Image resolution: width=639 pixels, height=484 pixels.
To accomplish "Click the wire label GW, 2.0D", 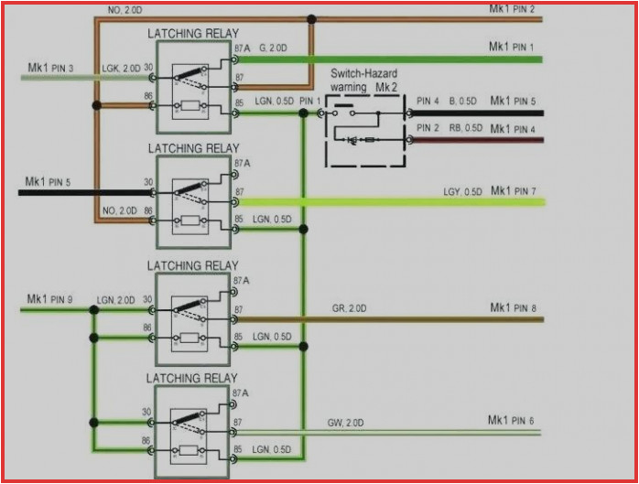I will tap(346, 424).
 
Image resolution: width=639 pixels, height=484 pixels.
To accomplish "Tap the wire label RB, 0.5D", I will tap(465, 128).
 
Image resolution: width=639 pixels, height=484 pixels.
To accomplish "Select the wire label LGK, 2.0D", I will tap(121, 69).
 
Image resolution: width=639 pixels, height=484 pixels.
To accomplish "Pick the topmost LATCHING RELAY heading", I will tap(193, 34).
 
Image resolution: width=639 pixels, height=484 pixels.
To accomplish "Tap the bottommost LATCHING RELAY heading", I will tap(193, 378).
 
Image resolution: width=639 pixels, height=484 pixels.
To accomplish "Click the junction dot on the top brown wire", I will tap(312, 18).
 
